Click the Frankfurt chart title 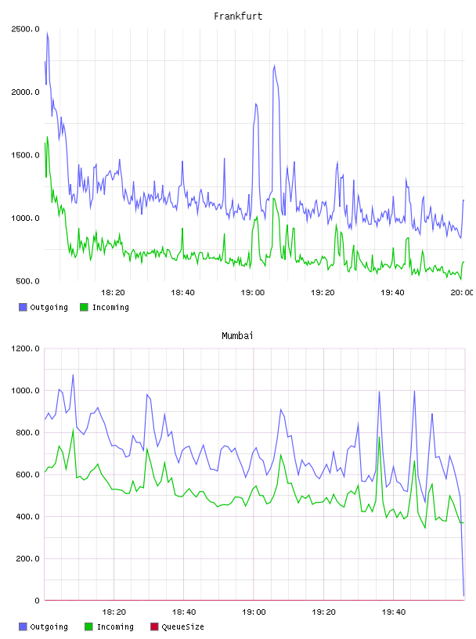pos(238,16)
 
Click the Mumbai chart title pos(237,336)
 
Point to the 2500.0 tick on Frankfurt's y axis pos(25,29)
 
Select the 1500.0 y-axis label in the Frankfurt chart pos(25,155)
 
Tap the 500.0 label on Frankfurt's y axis pos(27,281)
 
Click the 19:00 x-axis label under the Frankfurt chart pos(253,292)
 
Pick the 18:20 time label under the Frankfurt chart pos(113,292)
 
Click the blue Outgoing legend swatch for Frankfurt pos(23,307)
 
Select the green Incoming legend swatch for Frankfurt pos(84,307)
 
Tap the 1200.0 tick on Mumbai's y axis pos(25,348)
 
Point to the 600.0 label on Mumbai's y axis pos(27,475)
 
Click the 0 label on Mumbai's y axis pos(37,601)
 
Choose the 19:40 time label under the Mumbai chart pos(394,612)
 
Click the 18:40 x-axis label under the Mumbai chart pos(184,612)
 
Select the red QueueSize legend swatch pos(154,626)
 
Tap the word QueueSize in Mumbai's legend pos(182,626)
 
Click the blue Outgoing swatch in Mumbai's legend pos(23,626)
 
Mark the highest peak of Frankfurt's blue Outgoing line pos(47,33)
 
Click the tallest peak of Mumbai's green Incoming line pos(74,428)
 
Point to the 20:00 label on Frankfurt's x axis pos(462,292)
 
